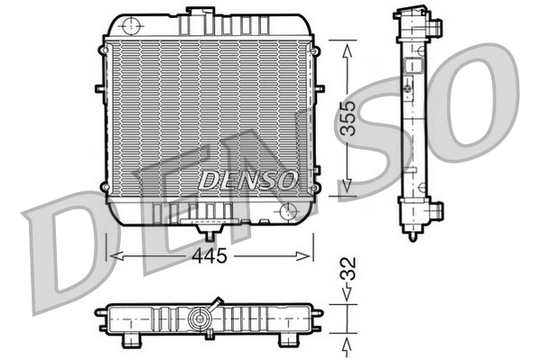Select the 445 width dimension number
209,255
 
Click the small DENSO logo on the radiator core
247,180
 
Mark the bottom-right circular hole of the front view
289,210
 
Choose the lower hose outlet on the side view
436,213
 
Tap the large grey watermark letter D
63,253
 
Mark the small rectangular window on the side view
415,65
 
